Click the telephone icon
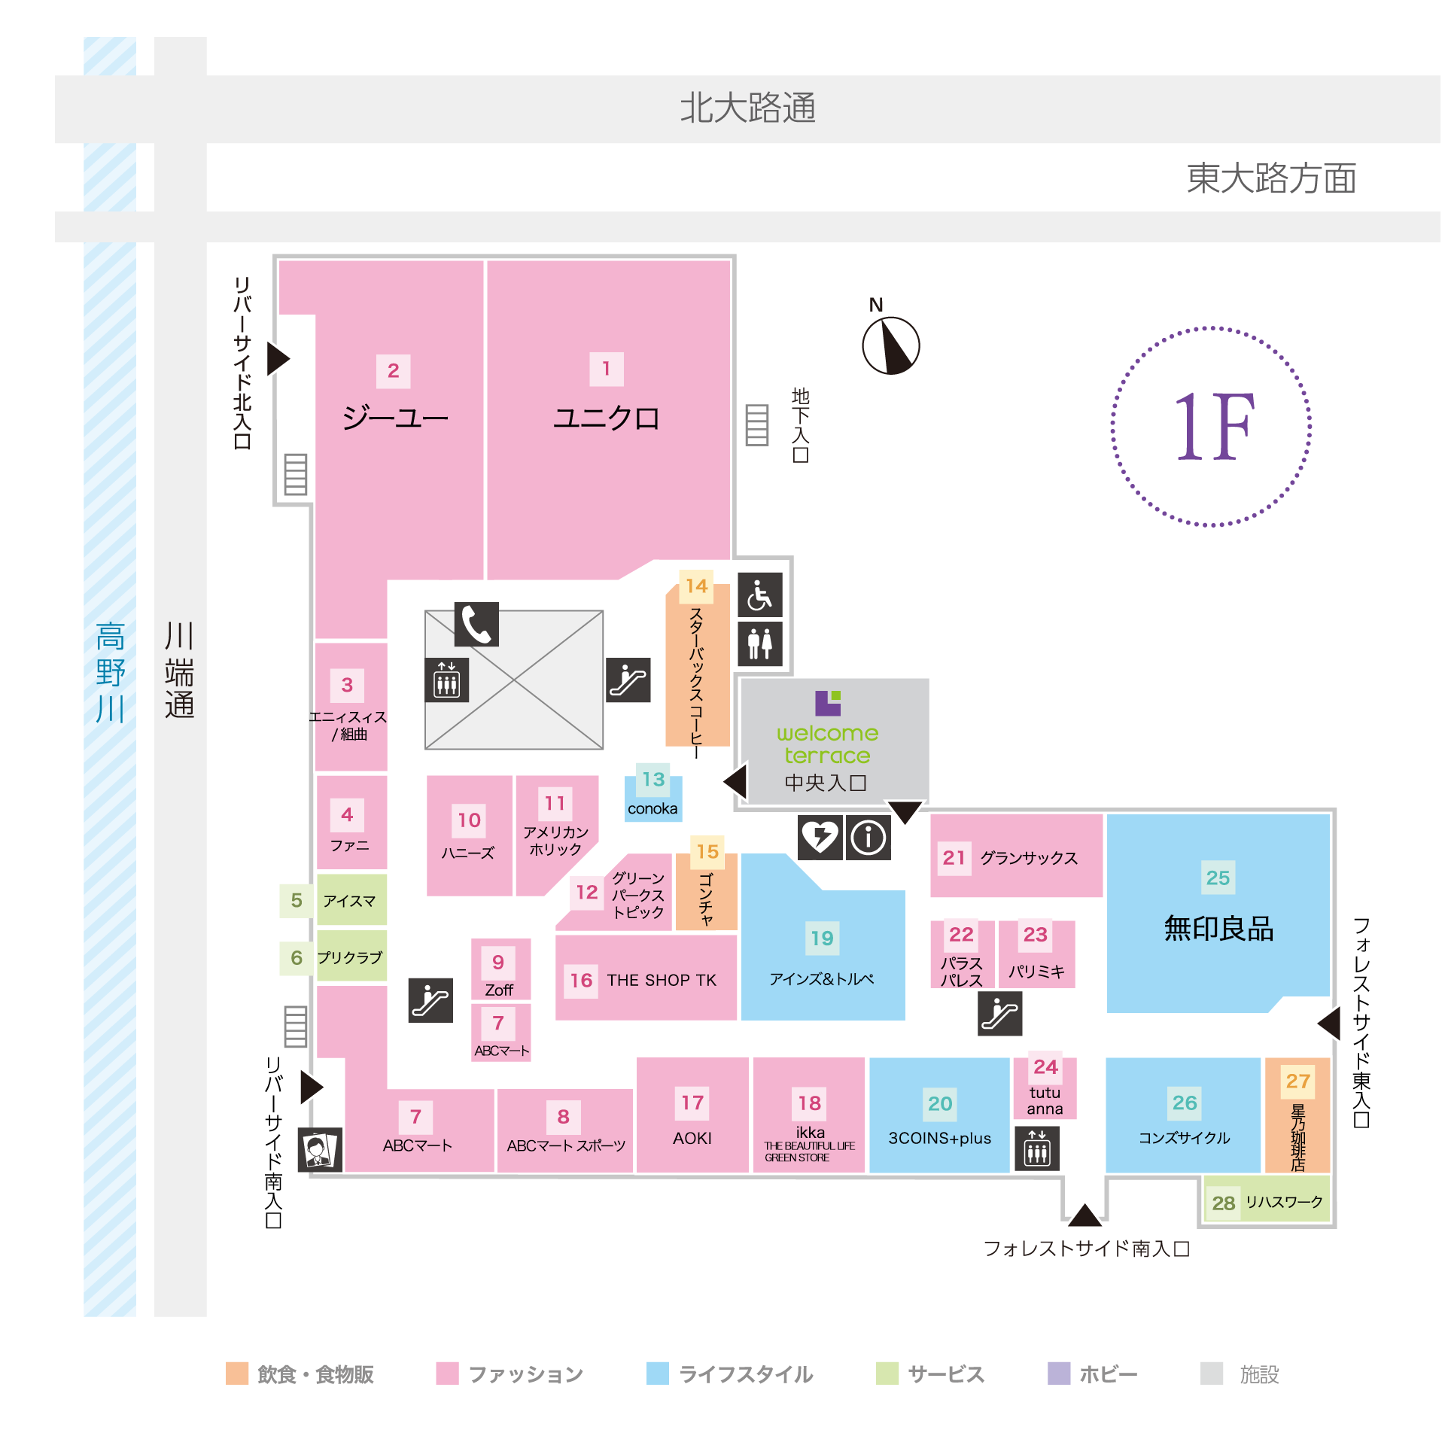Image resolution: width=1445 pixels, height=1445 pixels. [476, 624]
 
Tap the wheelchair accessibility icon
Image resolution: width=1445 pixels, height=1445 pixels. [759, 595]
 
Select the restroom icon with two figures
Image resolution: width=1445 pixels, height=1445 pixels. [759, 643]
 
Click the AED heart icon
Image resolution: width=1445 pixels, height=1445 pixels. [820, 837]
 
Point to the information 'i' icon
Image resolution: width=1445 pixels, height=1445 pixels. [869, 837]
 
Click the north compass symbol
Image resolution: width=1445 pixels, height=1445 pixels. [890, 345]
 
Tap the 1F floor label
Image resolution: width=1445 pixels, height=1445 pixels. [1213, 427]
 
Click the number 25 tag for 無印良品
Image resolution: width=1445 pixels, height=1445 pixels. [1218, 878]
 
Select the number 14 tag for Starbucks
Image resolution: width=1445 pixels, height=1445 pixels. [696, 586]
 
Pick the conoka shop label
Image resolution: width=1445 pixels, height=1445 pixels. [653, 809]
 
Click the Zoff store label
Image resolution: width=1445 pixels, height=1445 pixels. [499, 990]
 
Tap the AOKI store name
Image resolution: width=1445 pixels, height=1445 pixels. [692, 1138]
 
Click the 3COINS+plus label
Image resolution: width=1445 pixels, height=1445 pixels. [939, 1138]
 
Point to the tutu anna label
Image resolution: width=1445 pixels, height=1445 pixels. [1045, 1100]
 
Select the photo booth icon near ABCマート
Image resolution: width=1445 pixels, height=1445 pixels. [320, 1149]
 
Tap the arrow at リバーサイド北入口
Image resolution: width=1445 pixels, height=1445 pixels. [278, 358]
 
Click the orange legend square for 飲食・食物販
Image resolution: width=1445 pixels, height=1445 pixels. [237, 1373]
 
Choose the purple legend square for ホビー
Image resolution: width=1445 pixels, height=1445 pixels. [1059, 1373]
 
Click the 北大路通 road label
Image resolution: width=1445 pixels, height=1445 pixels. [747, 108]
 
